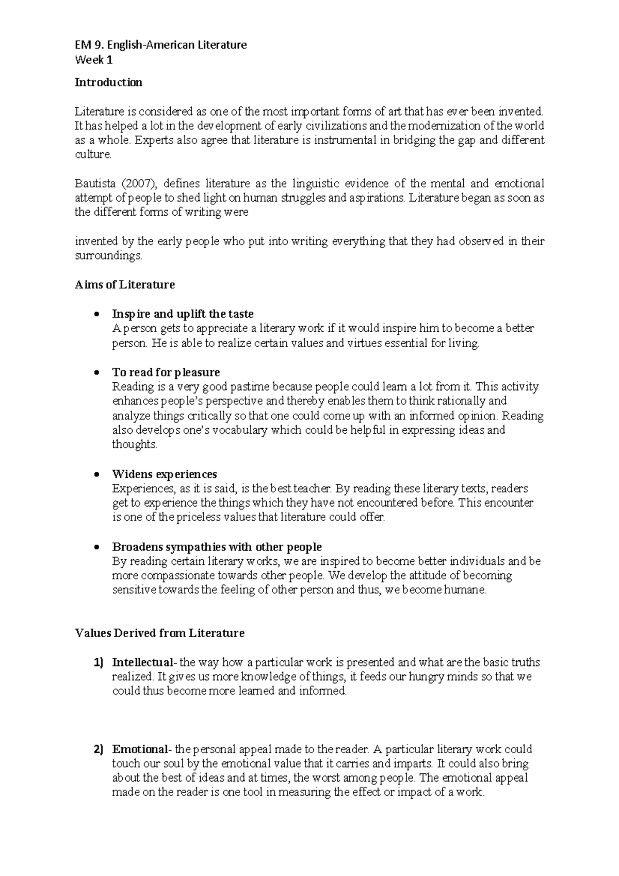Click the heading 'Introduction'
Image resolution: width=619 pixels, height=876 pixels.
(x=108, y=83)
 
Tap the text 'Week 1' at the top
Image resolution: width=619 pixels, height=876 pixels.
(x=93, y=60)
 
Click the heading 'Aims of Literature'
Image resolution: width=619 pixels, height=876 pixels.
(x=125, y=285)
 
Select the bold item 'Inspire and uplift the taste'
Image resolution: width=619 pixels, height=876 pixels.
(x=183, y=314)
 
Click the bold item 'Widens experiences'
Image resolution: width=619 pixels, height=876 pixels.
(x=164, y=474)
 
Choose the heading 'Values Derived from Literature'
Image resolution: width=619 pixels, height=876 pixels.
(x=159, y=633)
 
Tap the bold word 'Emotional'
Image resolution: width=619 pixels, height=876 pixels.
(x=139, y=750)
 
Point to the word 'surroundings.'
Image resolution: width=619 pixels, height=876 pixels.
(x=108, y=256)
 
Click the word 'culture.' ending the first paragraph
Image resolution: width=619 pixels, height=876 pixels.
(x=93, y=155)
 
